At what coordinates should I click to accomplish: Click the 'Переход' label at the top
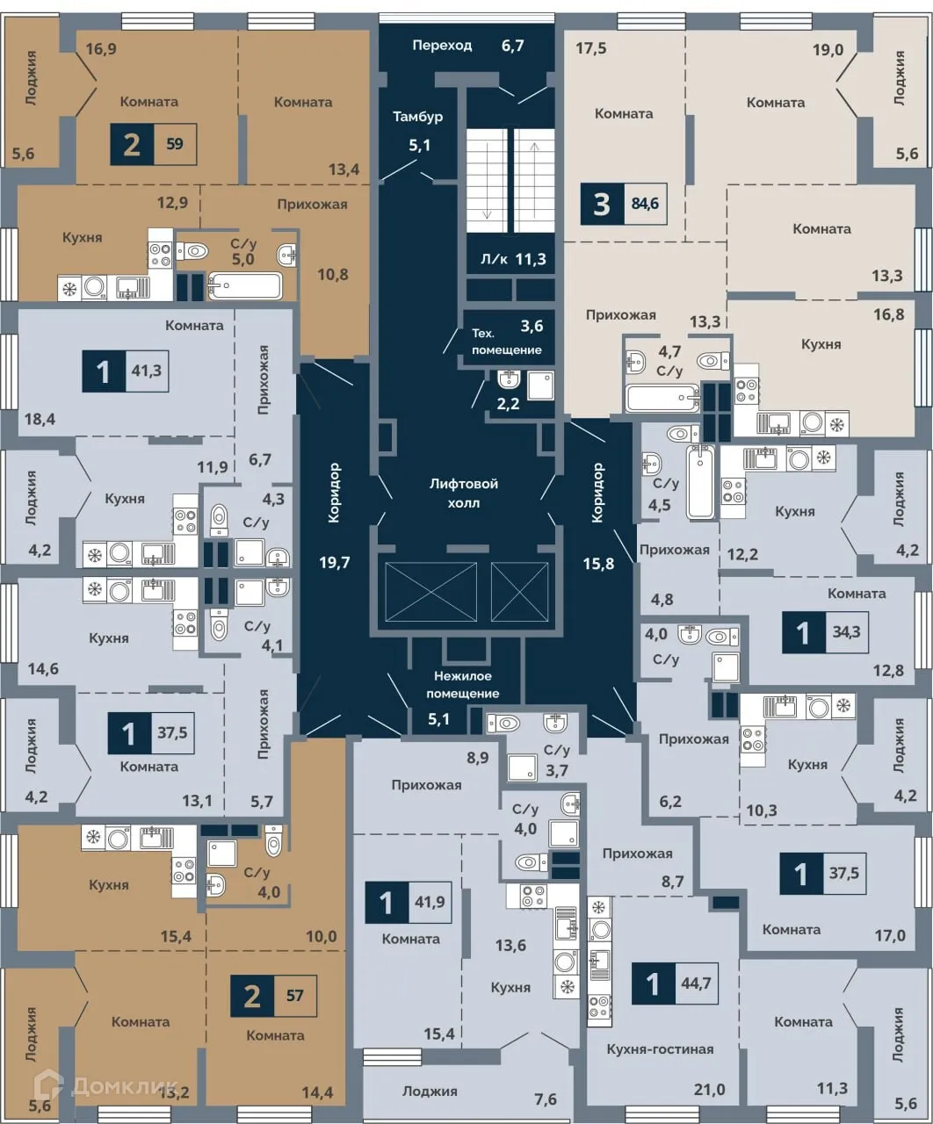[x=442, y=45]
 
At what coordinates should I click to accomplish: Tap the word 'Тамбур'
[x=417, y=117]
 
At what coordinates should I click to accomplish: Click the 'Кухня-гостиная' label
[x=660, y=1048]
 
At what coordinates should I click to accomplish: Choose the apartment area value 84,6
[x=644, y=205]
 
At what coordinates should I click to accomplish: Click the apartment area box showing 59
[x=174, y=145]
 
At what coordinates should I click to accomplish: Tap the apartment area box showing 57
[x=294, y=996]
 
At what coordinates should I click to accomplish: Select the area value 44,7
[x=694, y=983]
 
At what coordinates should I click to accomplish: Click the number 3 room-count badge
[x=602, y=205]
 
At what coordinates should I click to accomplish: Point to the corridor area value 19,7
[x=334, y=563]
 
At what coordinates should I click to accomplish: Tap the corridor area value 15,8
[x=597, y=563]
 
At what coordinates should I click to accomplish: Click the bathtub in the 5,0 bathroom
[x=245, y=285]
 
